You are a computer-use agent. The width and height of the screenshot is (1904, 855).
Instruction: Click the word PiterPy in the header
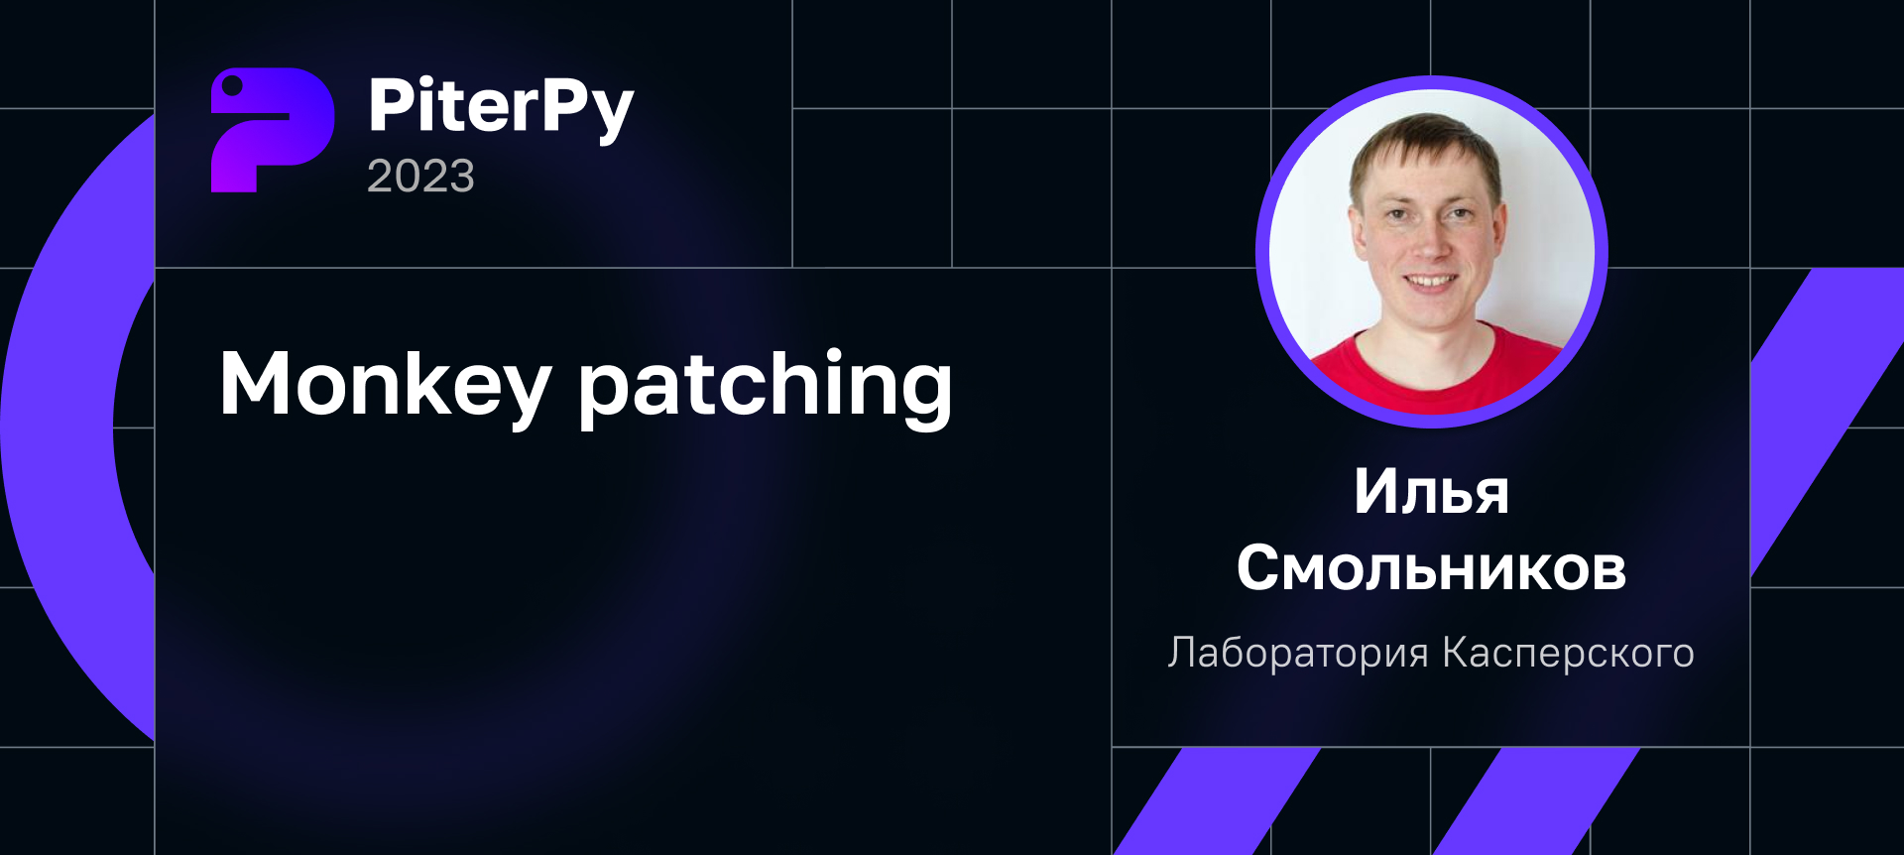pos(500,106)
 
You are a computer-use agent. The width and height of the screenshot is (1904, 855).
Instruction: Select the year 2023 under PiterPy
pos(420,177)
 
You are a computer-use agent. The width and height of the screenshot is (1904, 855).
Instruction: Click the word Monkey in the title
pos(384,385)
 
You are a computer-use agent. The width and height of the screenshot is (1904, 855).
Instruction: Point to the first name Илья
pos(1431,492)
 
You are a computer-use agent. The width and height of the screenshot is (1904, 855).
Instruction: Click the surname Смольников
pos(1431,568)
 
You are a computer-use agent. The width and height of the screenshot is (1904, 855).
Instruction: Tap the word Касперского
pos(1568,653)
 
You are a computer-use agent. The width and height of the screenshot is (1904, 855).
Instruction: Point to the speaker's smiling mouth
pos(1429,282)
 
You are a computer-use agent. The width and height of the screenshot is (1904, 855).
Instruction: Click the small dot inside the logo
pos(233,87)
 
